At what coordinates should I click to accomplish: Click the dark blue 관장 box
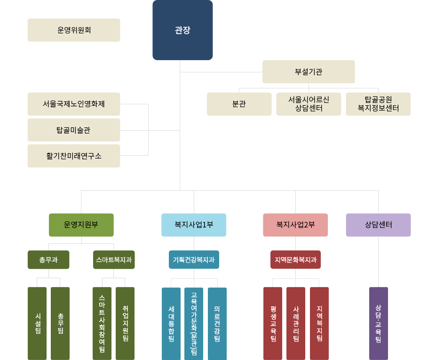182,30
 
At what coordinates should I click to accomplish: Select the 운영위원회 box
74,30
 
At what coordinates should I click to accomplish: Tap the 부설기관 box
309,72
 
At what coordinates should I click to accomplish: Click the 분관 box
239,104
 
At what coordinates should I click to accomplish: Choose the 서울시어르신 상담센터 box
309,104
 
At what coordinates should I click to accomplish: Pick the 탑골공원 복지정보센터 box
378,104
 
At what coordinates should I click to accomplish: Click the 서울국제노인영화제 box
74,104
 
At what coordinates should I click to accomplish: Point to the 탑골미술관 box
74,130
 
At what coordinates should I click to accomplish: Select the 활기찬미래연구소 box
74,156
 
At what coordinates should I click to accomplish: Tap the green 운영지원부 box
81,225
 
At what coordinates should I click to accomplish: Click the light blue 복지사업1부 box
194,225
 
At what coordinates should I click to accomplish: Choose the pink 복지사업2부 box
295,225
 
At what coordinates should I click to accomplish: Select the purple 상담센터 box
378,225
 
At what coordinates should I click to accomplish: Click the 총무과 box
48,259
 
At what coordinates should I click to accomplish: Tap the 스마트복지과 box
114,259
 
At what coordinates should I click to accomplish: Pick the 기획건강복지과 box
194,259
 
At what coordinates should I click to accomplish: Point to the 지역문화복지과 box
295,259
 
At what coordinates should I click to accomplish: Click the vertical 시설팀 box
37,323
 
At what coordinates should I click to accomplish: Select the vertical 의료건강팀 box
217,323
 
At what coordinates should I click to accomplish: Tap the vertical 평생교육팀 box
273,323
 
